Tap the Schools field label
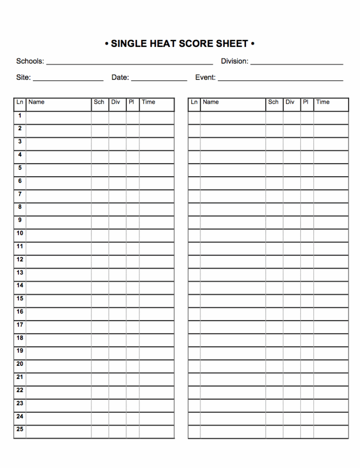click(30, 61)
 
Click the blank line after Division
click(297, 63)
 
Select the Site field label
click(23, 77)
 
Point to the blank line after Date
click(159, 79)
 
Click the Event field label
click(205, 77)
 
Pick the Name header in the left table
click(37, 102)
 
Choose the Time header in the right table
click(323, 102)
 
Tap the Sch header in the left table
click(99, 102)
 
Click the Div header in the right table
click(290, 102)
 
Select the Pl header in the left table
click(131, 102)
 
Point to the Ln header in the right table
click(194, 102)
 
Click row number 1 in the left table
click(20, 115)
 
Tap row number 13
click(20, 272)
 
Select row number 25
click(20, 429)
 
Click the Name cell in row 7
click(59, 194)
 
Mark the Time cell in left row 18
click(157, 338)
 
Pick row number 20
click(20, 364)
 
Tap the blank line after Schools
click(129, 63)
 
